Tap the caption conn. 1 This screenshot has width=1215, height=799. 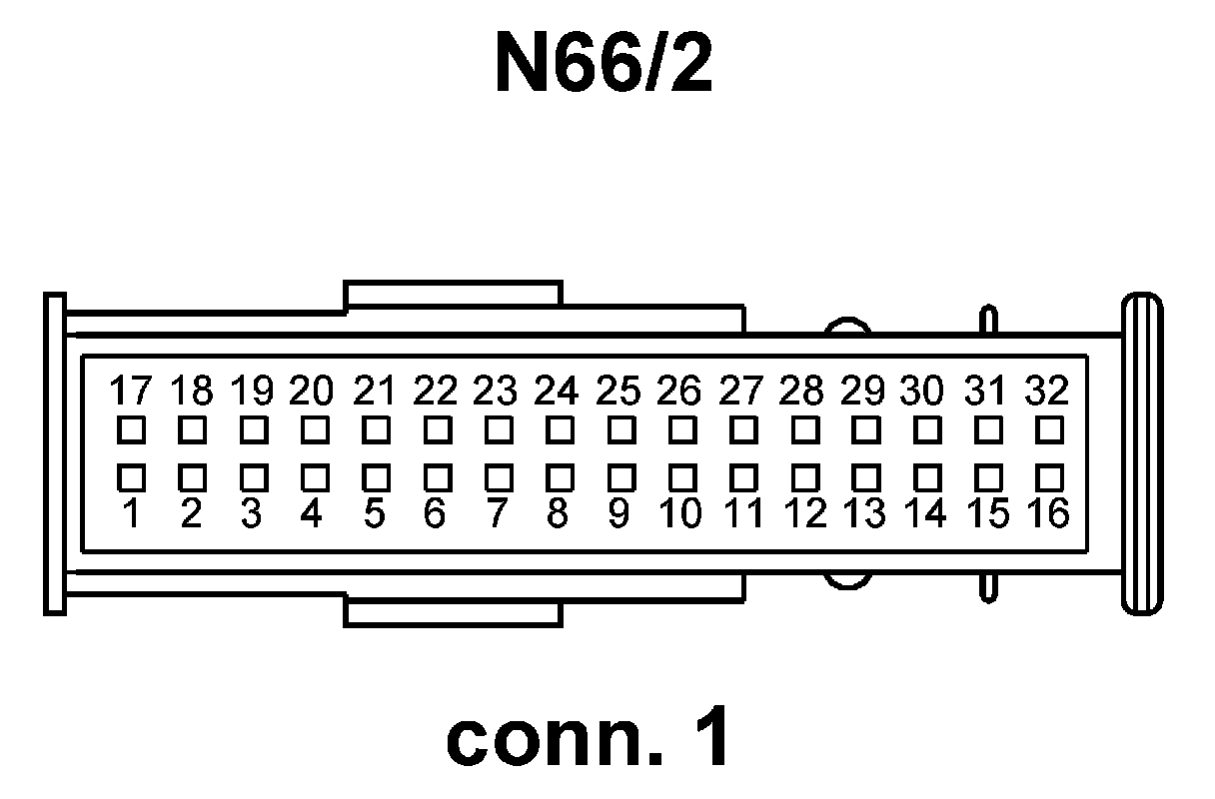[x=589, y=739]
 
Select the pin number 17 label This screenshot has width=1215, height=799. [x=129, y=390]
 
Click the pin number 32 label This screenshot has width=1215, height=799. [x=1046, y=390]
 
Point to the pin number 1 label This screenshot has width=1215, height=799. [x=130, y=514]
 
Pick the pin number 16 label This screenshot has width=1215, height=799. [x=1046, y=514]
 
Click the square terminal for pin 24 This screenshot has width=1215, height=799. [x=558, y=430]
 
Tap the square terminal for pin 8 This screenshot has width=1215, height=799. [x=558, y=473]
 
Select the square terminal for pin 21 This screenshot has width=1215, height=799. [x=375, y=430]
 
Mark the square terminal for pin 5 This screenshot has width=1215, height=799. [x=375, y=473]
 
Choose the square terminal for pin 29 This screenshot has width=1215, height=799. [x=864, y=430]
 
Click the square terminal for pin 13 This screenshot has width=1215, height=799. [x=864, y=473]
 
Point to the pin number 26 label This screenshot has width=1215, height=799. [x=679, y=390]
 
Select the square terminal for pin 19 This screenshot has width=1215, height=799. [x=253, y=430]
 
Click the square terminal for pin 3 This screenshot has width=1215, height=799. [x=253, y=473]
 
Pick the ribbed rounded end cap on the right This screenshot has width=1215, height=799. [x=1142, y=453]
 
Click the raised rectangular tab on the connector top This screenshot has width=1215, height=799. [x=452, y=296]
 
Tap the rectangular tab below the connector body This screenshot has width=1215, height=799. [x=453, y=612]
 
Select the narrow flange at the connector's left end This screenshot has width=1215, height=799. [x=55, y=453]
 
